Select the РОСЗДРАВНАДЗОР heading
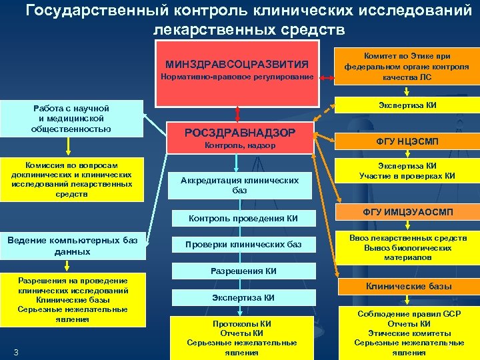click(240, 132)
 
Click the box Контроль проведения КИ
click(243, 218)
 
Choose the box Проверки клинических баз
click(243, 245)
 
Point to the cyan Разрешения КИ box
click(243, 271)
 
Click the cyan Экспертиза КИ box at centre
click(243, 297)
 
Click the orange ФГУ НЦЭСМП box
click(406, 141)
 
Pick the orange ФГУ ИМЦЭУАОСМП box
click(406, 212)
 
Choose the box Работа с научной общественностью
click(74, 118)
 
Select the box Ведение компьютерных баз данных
click(74, 246)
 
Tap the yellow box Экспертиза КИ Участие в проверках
click(406, 171)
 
